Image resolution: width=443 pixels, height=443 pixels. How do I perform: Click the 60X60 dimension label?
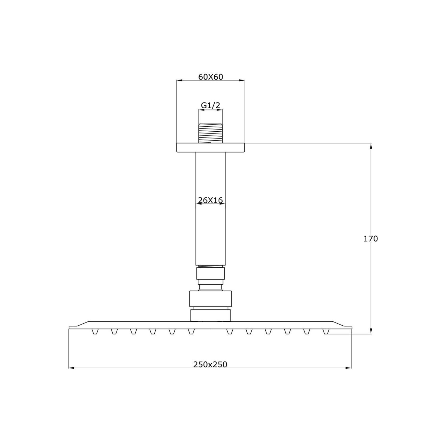pyautogui.click(x=211, y=77)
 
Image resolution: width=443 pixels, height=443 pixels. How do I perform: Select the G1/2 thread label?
pyautogui.click(x=210, y=105)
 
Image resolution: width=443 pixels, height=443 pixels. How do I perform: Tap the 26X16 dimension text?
pyautogui.click(x=210, y=200)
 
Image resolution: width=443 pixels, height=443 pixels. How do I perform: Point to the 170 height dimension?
pyautogui.click(x=371, y=239)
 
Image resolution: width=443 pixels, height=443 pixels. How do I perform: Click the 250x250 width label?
pyautogui.click(x=210, y=364)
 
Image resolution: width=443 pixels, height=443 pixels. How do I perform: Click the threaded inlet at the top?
pyautogui.click(x=210, y=133)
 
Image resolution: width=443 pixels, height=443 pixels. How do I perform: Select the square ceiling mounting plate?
pyautogui.click(x=211, y=147)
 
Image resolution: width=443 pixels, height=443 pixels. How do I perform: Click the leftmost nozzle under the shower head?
pyautogui.click(x=95, y=331)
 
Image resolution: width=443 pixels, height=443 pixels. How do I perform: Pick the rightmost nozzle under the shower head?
pyautogui.click(x=326, y=331)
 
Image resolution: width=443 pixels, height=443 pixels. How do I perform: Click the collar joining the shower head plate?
pyautogui.click(x=210, y=315)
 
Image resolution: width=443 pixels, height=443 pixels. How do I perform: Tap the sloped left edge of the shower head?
pyautogui.click(x=79, y=324)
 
